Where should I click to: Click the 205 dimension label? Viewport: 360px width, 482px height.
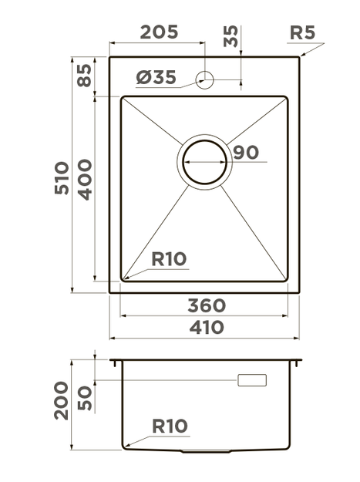(160, 32)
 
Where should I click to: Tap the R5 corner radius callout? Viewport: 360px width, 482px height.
(303, 33)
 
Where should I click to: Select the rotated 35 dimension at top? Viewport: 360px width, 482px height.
(230, 36)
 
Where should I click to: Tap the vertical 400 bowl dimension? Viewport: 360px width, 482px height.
(84, 179)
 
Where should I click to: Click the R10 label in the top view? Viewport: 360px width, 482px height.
(169, 259)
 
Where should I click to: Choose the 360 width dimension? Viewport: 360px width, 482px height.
(206, 305)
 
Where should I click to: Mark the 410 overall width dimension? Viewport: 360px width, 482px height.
(206, 328)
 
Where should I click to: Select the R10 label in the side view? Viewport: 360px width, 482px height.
(170, 426)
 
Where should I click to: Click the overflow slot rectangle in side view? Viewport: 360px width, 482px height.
(252, 379)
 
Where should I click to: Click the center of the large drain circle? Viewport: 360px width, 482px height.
(205, 162)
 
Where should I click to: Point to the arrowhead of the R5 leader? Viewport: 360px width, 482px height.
(301, 56)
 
